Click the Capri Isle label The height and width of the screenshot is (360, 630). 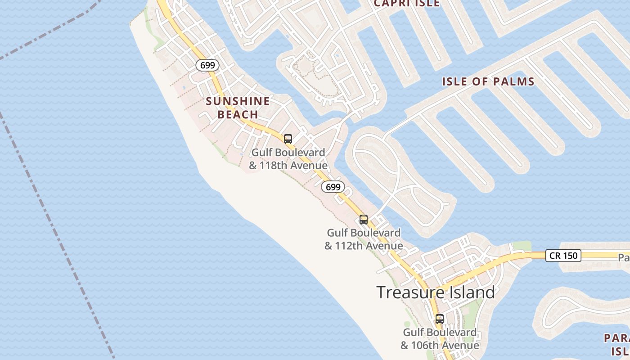coord(406,4)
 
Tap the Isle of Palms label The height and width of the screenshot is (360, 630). coord(488,81)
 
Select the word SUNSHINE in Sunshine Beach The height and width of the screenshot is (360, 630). coord(238,101)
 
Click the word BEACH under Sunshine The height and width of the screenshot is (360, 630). coord(238,114)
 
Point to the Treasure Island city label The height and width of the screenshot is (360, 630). coord(436,292)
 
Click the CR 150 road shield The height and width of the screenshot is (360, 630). coord(563,256)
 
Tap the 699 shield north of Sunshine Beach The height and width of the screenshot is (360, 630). coord(207,65)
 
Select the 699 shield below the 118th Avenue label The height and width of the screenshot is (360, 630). coord(333,187)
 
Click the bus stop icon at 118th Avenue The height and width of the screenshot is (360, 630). coord(288,139)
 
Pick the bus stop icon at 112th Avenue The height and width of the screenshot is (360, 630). coord(364,220)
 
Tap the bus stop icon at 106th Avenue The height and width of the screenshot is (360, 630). coord(439,319)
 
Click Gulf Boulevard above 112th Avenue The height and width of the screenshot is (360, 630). coord(364,233)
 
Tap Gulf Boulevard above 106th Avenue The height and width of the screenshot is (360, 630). coord(439,333)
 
